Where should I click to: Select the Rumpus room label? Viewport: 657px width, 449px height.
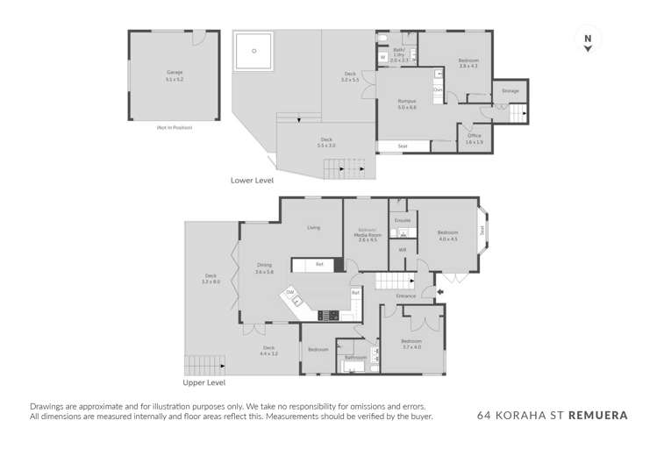[x=406, y=103]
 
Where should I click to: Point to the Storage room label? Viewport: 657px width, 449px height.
[x=510, y=90]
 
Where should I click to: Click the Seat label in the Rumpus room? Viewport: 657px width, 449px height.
[x=403, y=146]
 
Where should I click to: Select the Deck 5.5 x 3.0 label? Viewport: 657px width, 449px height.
[x=326, y=142]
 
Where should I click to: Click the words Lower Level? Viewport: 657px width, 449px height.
[x=252, y=180]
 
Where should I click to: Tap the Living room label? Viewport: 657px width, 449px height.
[x=313, y=228]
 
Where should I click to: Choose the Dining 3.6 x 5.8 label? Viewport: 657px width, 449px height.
[x=264, y=268]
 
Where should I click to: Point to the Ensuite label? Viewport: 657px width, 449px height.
[x=402, y=220]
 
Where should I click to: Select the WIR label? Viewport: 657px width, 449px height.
[x=403, y=250]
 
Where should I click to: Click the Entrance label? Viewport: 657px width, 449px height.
[x=405, y=296]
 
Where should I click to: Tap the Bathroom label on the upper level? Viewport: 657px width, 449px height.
[x=354, y=358]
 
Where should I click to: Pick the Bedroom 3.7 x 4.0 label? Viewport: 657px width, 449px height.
[x=411, y=343]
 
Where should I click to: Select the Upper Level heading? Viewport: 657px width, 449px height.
[x=204, y=383]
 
